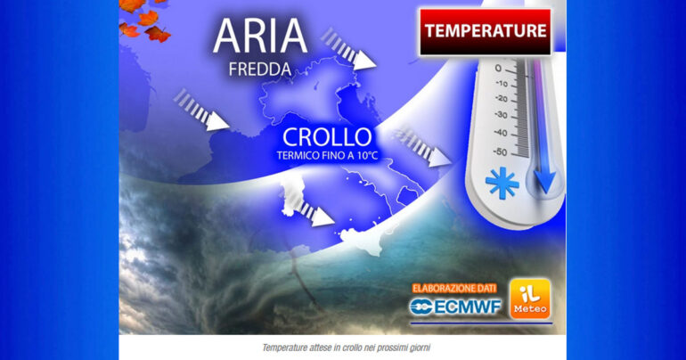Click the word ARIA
click(x=260, y=38)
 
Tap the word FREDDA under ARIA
click(x=259, y=68)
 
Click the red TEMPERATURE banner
click(x=485, y=31)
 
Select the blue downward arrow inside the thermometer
click(x=544, y=178)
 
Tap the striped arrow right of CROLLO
click(x=424, y=148)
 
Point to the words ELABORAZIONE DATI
click(x=454, y=287)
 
